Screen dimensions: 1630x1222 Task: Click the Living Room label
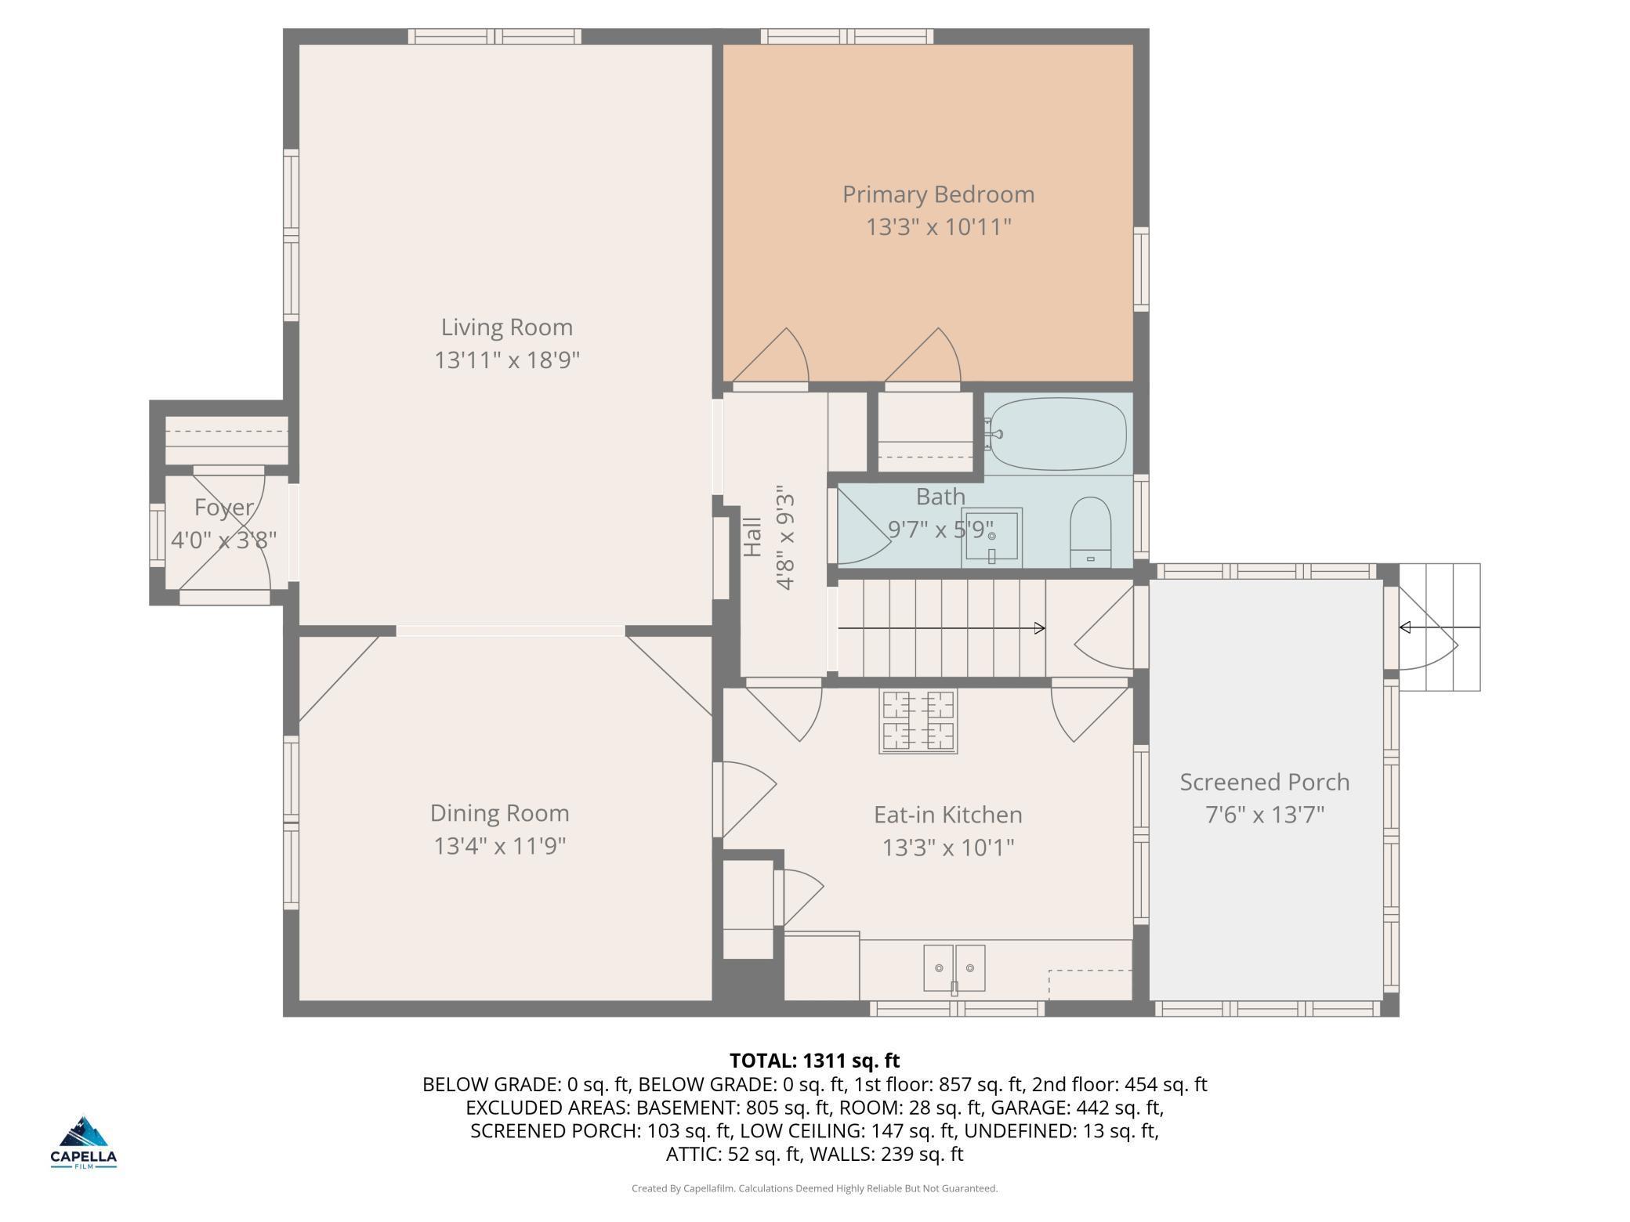pos(506,327)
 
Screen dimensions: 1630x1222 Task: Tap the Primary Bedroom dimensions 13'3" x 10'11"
pos(938,227)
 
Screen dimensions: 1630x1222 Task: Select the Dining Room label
pos(499,814)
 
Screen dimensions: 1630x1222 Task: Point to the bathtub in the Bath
pos(1058,433)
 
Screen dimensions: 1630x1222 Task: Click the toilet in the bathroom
pos(1091,532)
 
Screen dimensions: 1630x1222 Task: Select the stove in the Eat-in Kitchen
pos(918,721)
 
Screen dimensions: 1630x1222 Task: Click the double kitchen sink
pos(954,969)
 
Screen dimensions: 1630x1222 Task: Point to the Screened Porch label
pos(1265,783)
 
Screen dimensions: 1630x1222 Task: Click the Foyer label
pos(224,508)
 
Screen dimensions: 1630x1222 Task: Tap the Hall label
pos(752,537)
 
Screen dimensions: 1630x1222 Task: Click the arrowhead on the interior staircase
pos(1040,628)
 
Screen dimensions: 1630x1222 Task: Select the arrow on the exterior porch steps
pos(1440,627)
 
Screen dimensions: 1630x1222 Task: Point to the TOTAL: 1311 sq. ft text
pos(815,1061)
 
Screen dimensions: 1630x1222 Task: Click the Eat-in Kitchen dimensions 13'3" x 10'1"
pos(948,848)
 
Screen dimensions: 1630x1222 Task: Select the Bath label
pos(940,497)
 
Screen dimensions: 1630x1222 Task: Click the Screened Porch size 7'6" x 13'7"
pos(1265,815)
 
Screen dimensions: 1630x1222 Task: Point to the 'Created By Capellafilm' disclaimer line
pos(815,1188)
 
